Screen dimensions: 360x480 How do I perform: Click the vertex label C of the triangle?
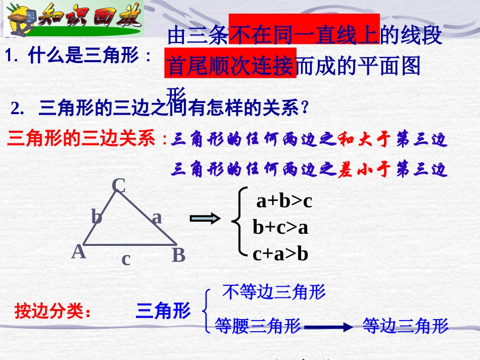click(x=118, y=186)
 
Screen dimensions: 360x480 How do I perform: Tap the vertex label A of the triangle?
click(x=78, y=251)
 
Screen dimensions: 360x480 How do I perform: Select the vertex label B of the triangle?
click(x=178, y=255)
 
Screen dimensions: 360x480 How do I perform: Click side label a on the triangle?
click(x=157, y=217)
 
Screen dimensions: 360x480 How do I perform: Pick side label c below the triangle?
click(x=126, y=259)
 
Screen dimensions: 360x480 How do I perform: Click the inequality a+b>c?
click(x=284, y=201)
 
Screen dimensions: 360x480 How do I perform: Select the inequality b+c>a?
click(x=280, y=228)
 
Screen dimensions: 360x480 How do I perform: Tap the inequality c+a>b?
click(x=280, y=253)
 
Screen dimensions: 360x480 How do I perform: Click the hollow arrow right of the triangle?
click(x=205, y=218)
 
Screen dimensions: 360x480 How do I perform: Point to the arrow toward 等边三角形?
click(x=328, y=327)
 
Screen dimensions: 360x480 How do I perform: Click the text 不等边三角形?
click(x=274, y=292)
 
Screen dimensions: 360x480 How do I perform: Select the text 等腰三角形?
click(x=258, y=326)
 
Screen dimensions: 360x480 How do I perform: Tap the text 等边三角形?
click(x=405, y=326)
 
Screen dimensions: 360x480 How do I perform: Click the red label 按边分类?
click(x=53, y=311)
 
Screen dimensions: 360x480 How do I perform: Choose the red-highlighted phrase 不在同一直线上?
click(x=304, y=35)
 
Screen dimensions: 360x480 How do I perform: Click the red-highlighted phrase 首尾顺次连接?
click(x=230, y=66)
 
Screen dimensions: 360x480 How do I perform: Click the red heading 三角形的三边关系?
click(x=82, y=139)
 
